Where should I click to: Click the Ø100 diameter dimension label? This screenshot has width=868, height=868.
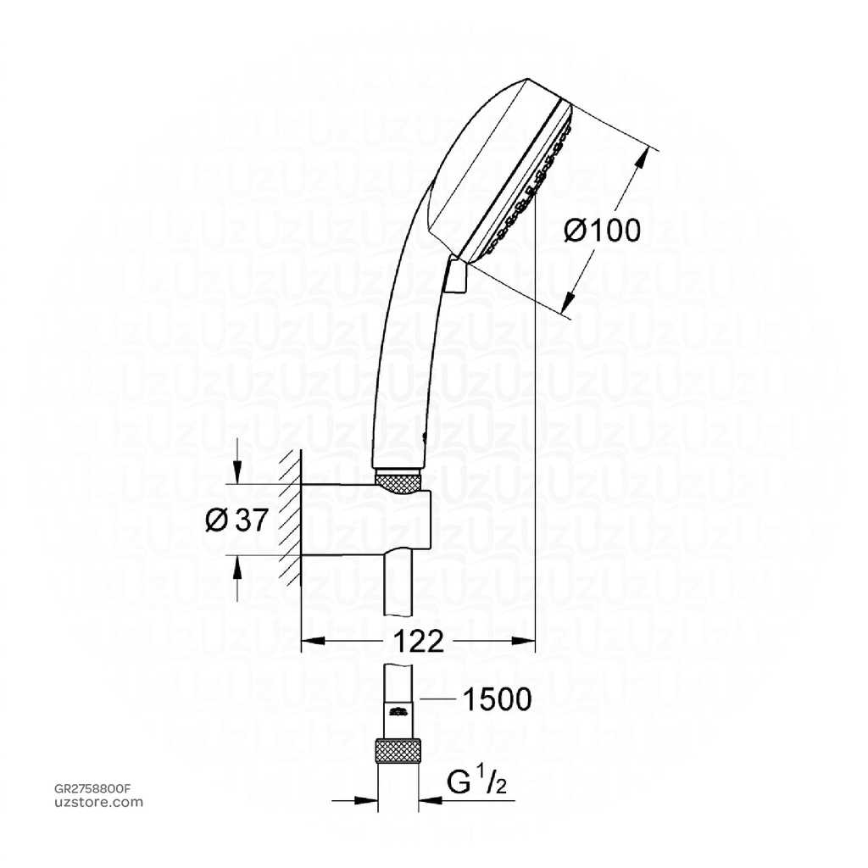(x=603, y=230)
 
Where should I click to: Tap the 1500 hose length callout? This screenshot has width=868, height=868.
(x=496, y=699)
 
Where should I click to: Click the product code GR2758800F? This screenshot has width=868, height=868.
(x=94, y=788)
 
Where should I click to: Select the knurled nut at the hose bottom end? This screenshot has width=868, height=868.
(x=398, y=751)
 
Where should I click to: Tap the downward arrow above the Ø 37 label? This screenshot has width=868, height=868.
(x=237, y=476)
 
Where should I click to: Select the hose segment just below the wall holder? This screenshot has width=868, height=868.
(x=398, y=585)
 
